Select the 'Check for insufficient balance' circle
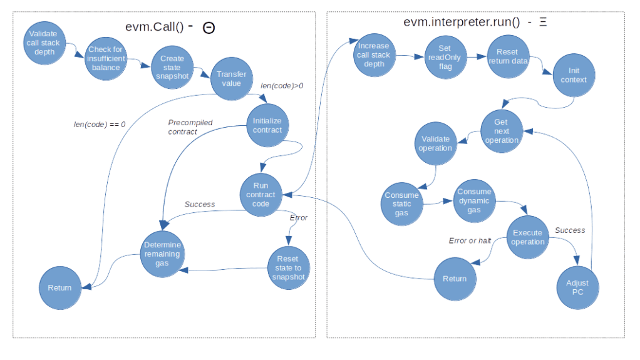pos(106,58)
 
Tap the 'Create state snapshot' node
pos(168,68)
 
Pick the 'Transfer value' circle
pos(231,78)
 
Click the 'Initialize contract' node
pos(267,125)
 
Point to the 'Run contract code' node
pos(261,195)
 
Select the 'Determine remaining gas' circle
pos(162,254)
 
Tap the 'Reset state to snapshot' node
pos(289,268)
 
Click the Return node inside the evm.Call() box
pos(59,288)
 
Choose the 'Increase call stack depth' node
pos(373,55)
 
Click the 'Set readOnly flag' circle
pos(445,57)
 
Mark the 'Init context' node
pos(574,75)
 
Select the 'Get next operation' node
pos(501,131)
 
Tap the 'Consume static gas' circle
pos(401,204)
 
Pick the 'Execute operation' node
pos(528,237)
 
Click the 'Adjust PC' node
pos(577,287)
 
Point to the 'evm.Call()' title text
pos(153,27)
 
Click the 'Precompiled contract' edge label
pos(190,127)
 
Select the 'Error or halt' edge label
pos(470,240)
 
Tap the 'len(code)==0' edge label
pos(100,125)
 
